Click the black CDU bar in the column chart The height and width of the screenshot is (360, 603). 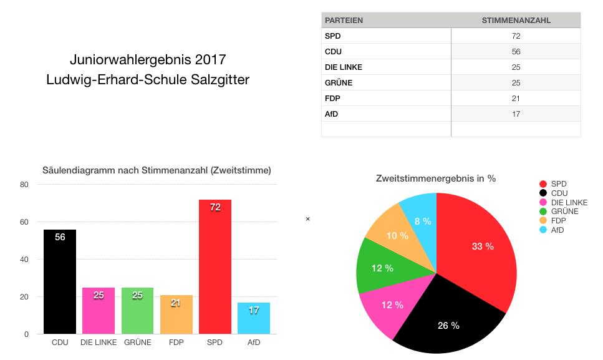coord(59,281)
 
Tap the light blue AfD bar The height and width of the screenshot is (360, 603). coord(254,318)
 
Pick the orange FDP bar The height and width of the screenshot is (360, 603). coord(176,314)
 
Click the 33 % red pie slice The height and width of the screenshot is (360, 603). coord(480,250)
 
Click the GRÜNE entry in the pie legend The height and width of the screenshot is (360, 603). coord(564,212)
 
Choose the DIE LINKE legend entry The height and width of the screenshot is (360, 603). coord(569,202)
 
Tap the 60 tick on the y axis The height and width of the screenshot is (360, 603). coord(24,222)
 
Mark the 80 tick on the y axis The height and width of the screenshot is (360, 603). coord(24,185)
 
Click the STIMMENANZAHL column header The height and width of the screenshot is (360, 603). coord(516,21)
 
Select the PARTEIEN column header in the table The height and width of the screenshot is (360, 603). coord(344,21)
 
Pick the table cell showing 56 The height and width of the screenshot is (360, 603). coord(516,52)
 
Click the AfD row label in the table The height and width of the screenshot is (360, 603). coord(332,114)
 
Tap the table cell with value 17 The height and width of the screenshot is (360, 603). coord(516,114)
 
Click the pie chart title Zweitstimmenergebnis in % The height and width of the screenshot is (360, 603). coord(435,178)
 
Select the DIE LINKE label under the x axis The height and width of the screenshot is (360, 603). coord(99,343)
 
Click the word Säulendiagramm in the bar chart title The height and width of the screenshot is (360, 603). coord(77,170)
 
